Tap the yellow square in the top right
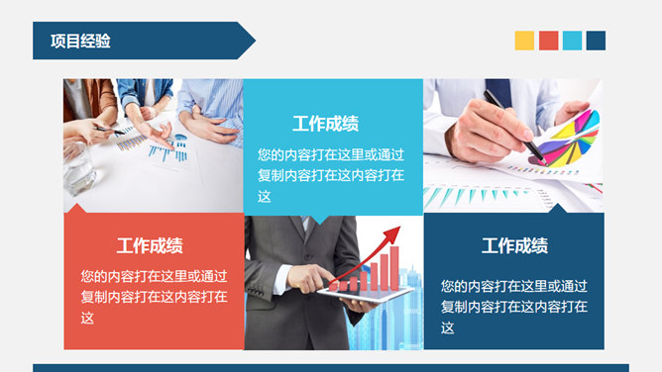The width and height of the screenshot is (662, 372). pos(524,41)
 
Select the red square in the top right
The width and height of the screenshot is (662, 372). pos(548,41)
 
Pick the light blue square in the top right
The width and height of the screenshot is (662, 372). pos(572,41)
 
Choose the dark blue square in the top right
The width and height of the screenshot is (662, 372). pos(596,41)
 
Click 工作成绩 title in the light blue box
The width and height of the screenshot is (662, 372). pos(325,124)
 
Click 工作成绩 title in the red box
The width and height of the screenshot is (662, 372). pos(150,246)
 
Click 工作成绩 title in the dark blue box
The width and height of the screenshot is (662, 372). pos(514,246)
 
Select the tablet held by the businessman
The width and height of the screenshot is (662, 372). pos(367,295)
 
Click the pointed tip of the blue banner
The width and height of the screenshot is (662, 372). pos(254,41)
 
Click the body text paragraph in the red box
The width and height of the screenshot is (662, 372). pos(154,297)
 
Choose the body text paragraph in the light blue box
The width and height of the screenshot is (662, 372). pos(331,175)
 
